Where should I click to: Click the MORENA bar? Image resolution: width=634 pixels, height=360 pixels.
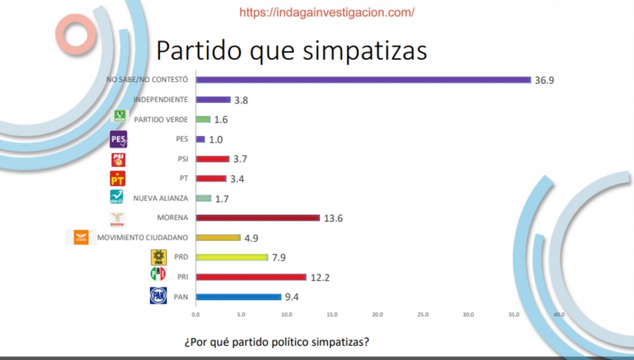pos(258,218)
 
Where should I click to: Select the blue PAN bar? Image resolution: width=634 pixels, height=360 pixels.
pos(238,297)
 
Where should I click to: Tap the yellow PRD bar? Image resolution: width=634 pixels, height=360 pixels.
pos(232,257)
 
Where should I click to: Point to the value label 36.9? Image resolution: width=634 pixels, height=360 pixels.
pos(544,80)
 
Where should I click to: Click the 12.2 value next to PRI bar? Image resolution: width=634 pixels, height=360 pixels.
pos(320,278)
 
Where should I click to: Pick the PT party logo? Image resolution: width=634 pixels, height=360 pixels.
pos(118,178)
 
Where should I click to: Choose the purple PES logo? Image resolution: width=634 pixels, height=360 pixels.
pos(118,139)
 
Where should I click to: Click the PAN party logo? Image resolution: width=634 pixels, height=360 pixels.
pos(158,296)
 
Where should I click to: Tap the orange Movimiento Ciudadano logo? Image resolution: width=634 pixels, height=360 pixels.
pos(81,237)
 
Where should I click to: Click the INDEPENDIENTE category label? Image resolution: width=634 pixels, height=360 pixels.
pos(161,100)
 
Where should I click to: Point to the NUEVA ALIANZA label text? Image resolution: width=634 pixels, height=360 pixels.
pos(161,198)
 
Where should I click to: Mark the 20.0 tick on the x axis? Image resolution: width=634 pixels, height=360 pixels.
pos(377,315)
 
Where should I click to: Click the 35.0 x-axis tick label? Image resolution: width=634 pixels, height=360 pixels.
pos(514,315)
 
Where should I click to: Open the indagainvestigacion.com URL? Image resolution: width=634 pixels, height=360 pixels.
pos(327,12)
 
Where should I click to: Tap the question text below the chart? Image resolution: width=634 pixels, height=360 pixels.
pos(277,343)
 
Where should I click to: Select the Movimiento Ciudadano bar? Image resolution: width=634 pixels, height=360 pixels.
pos(218,237)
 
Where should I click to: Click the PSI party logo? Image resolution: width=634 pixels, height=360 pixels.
pos(118,159)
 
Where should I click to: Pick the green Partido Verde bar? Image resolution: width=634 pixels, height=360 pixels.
pos(203,119)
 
